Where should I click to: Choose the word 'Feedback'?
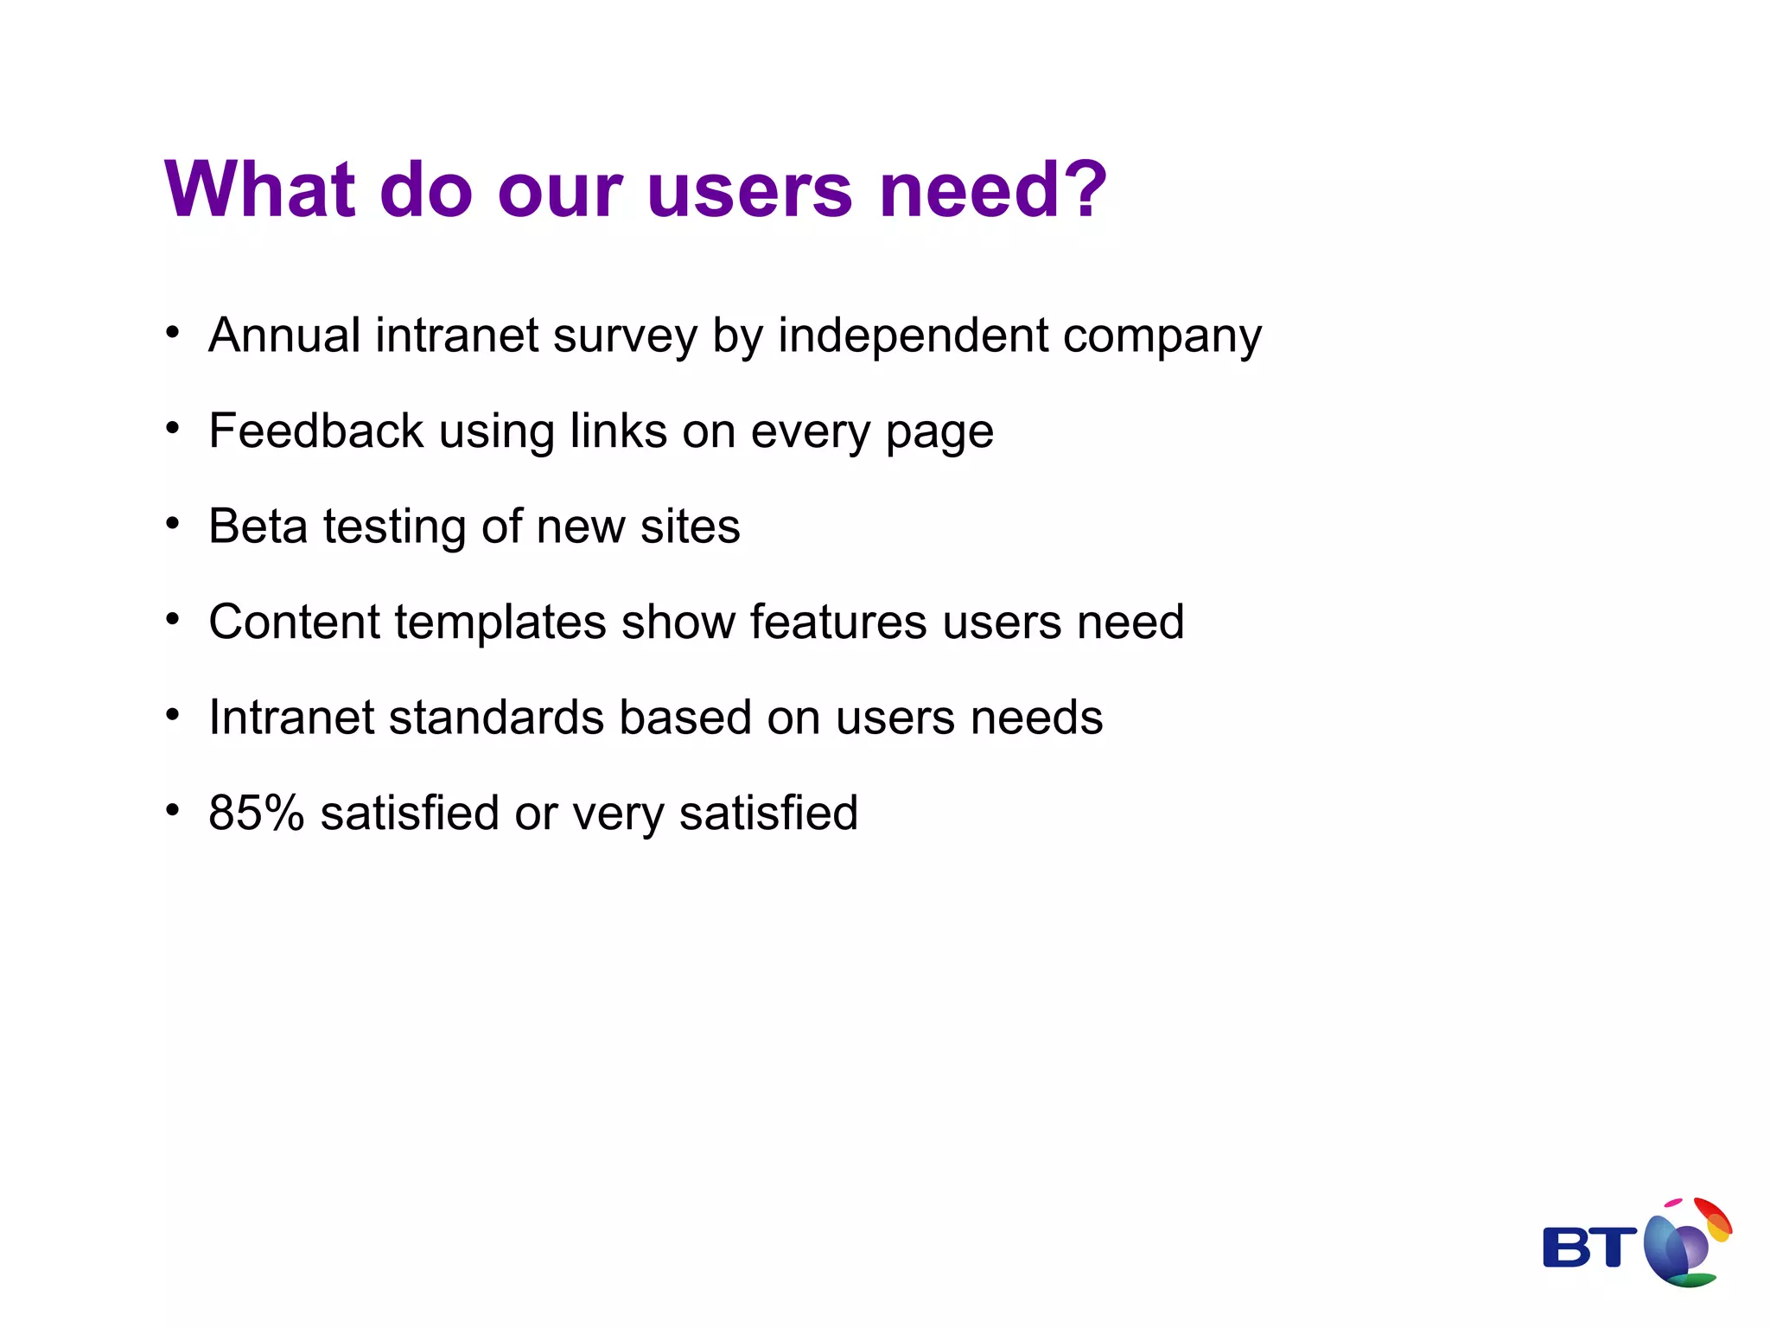pyautogui.click(x=316, y=431)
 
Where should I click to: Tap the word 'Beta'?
pyautogui.click(x=258, y=526)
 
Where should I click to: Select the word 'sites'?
pyautogui.click(x=690, y=527)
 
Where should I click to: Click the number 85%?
pyautogui.click(x=257, y=813)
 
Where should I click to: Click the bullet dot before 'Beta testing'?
pyautogui.click(x=173, y=523)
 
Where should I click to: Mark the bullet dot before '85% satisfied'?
pyautogui.click(x=173, y=810)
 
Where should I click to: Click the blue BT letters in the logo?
pyautogui.click(x=1589, y=1248)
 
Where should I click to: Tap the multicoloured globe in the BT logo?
pyautogui.click(x=1685, y=1244)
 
